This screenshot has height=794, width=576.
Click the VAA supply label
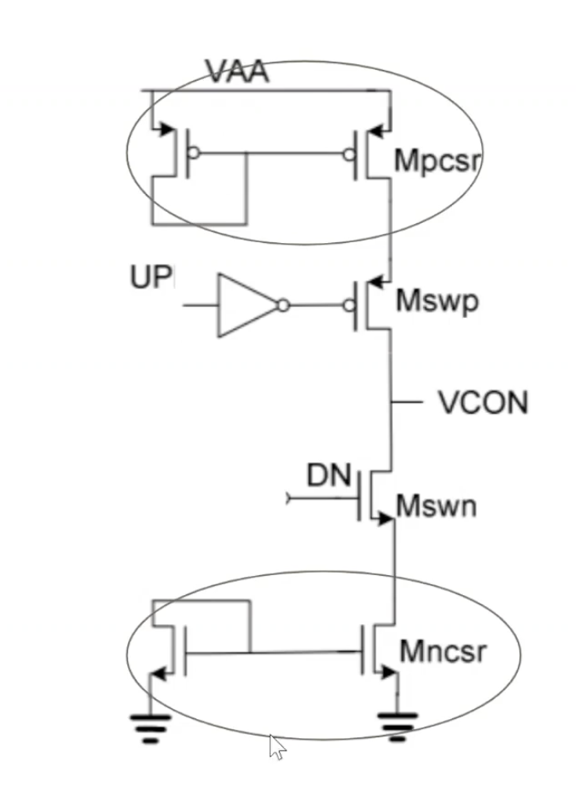pos(237,72)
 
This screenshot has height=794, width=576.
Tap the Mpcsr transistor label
pos(437,160)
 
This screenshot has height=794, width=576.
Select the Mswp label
pos(437,302)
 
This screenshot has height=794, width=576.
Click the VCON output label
pos(484,403)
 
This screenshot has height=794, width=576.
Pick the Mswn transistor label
pos(436,506)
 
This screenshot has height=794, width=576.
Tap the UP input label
pos(151,277)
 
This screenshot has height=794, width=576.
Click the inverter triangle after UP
pos(248,305)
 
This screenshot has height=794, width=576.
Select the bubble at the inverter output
pos(284,305)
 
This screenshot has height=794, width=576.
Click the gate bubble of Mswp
pos(349,305)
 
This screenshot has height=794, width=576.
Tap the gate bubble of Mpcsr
pos(349,154)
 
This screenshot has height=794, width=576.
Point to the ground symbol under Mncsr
pos(398,727)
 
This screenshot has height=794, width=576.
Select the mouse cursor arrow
pos(277,747)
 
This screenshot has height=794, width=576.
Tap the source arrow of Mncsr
pos(389,672)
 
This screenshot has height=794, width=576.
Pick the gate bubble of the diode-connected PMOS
pos(193,152)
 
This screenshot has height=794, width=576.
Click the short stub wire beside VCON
pos(407,402)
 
